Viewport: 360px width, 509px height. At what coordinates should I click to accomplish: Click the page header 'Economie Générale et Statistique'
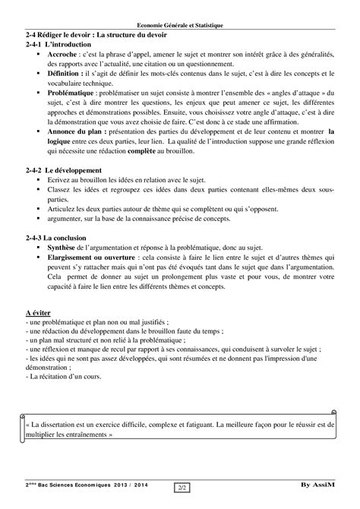pyautogui.click(x=180, y=25)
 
